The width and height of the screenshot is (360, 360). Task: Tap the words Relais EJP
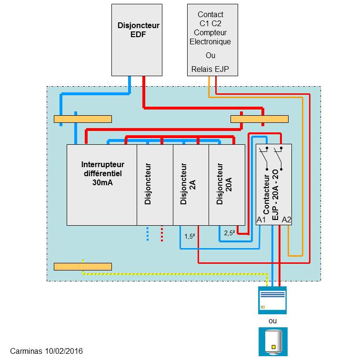pyautogui.click(x=210, y=69)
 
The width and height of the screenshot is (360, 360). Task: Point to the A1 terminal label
pyautogui.click(x=261, y=220)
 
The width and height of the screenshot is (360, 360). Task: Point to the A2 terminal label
pyautogui.click(x=286, y=220)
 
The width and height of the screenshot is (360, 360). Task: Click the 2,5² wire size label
pyautogui.click(x=230, y=233)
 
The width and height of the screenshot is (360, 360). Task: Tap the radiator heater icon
pyautogui.click(x=272, y=300)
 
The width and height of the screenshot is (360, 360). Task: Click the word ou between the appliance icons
pyautogui.click(x=272, y=320)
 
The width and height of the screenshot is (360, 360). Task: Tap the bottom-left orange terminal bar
pyautogui.click(x=83, y=266)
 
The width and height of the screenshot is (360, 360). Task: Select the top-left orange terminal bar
pyautogui.click(x=83, y=119)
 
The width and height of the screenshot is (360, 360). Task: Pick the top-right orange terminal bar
pyautogui.click(x=260, y=119)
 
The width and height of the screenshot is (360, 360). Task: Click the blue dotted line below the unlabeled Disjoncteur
pyautogui.click(x=148, y=234)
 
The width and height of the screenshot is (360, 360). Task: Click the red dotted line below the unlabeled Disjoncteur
pyautogui.click(x=162, y=234)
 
